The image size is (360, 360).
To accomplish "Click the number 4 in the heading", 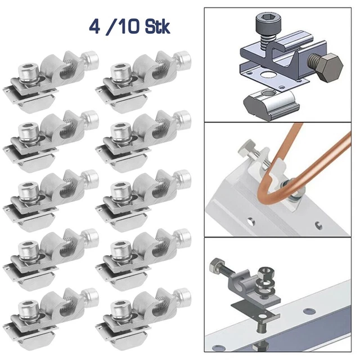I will pyautogui.click(x=93, y=26).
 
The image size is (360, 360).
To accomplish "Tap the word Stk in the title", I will pyautogui.click(x=151, y=26).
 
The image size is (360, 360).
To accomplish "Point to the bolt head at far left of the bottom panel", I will pyautogui.click(x=214, y=264).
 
